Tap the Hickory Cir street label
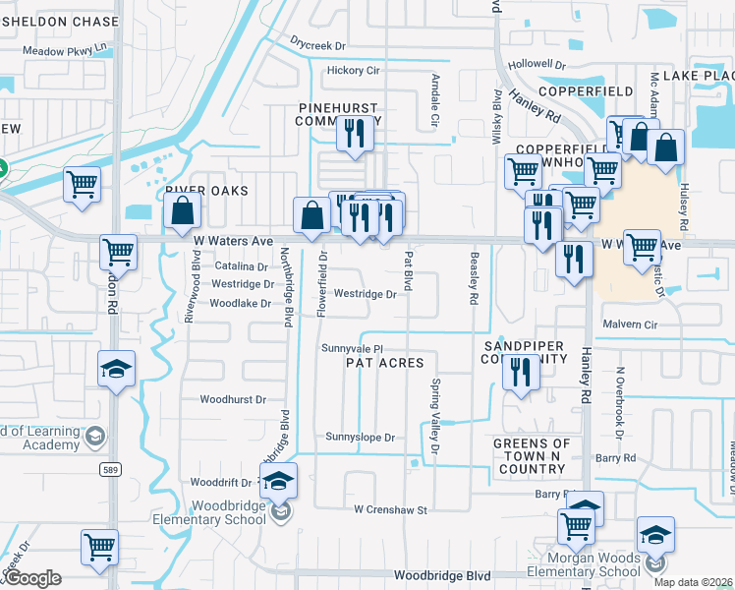tap(353, 71)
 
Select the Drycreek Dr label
tap(319, 45)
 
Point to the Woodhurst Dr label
tap(233, 400)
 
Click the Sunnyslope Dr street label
tap(360, 438)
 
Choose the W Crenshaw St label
tap(392, 510)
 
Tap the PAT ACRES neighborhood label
tap(385, 364)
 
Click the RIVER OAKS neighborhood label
tap(206, 190)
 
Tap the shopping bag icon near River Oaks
tap(183, 210)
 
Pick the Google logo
tap(32, 578)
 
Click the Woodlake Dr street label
tap(240, 304)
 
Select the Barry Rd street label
tap(615, 458)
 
